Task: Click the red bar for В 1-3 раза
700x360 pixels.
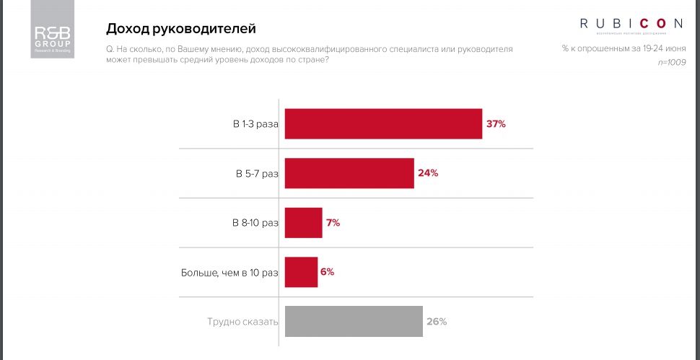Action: point(383,124)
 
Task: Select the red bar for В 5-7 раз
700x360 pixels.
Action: point(349,173)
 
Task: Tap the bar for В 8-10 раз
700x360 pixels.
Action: point(304,223)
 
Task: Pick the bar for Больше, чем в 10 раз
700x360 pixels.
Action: point(302,272)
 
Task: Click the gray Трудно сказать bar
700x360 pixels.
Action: point(354,322)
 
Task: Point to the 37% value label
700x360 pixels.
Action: point(496,124)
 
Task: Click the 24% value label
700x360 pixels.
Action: point(428,173)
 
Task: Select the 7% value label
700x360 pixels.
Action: point(333,223)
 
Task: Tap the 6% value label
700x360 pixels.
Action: point(327,272)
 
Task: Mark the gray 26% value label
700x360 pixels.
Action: point(437,322)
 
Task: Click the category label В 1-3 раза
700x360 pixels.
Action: point(255,124)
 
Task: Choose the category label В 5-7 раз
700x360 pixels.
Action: point(257,174)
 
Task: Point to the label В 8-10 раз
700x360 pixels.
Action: point(255,223)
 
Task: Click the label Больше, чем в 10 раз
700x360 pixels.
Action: point(229,273)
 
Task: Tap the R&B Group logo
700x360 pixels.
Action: point(53,33)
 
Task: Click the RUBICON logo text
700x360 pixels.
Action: point(631,24)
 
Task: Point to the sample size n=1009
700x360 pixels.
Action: point(672,63)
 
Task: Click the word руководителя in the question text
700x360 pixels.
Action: point(486,48)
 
